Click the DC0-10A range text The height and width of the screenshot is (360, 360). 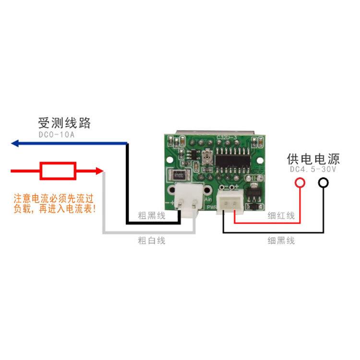click(57, 135)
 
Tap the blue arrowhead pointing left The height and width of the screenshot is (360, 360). click(15, 143)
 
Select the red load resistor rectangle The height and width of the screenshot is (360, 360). click(58, 170)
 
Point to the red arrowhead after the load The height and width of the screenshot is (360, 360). click(99, 170)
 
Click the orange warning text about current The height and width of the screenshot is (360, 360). click(55, 204)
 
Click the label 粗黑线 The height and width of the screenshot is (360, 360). click(151, 216)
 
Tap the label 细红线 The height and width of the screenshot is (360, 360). click(281, 216)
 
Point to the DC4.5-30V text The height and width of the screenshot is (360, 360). click(314, 169)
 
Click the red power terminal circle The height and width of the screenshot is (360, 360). click(300, 182)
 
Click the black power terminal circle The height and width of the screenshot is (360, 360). click(324, 182)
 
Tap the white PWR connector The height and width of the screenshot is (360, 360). click(230, 202)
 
